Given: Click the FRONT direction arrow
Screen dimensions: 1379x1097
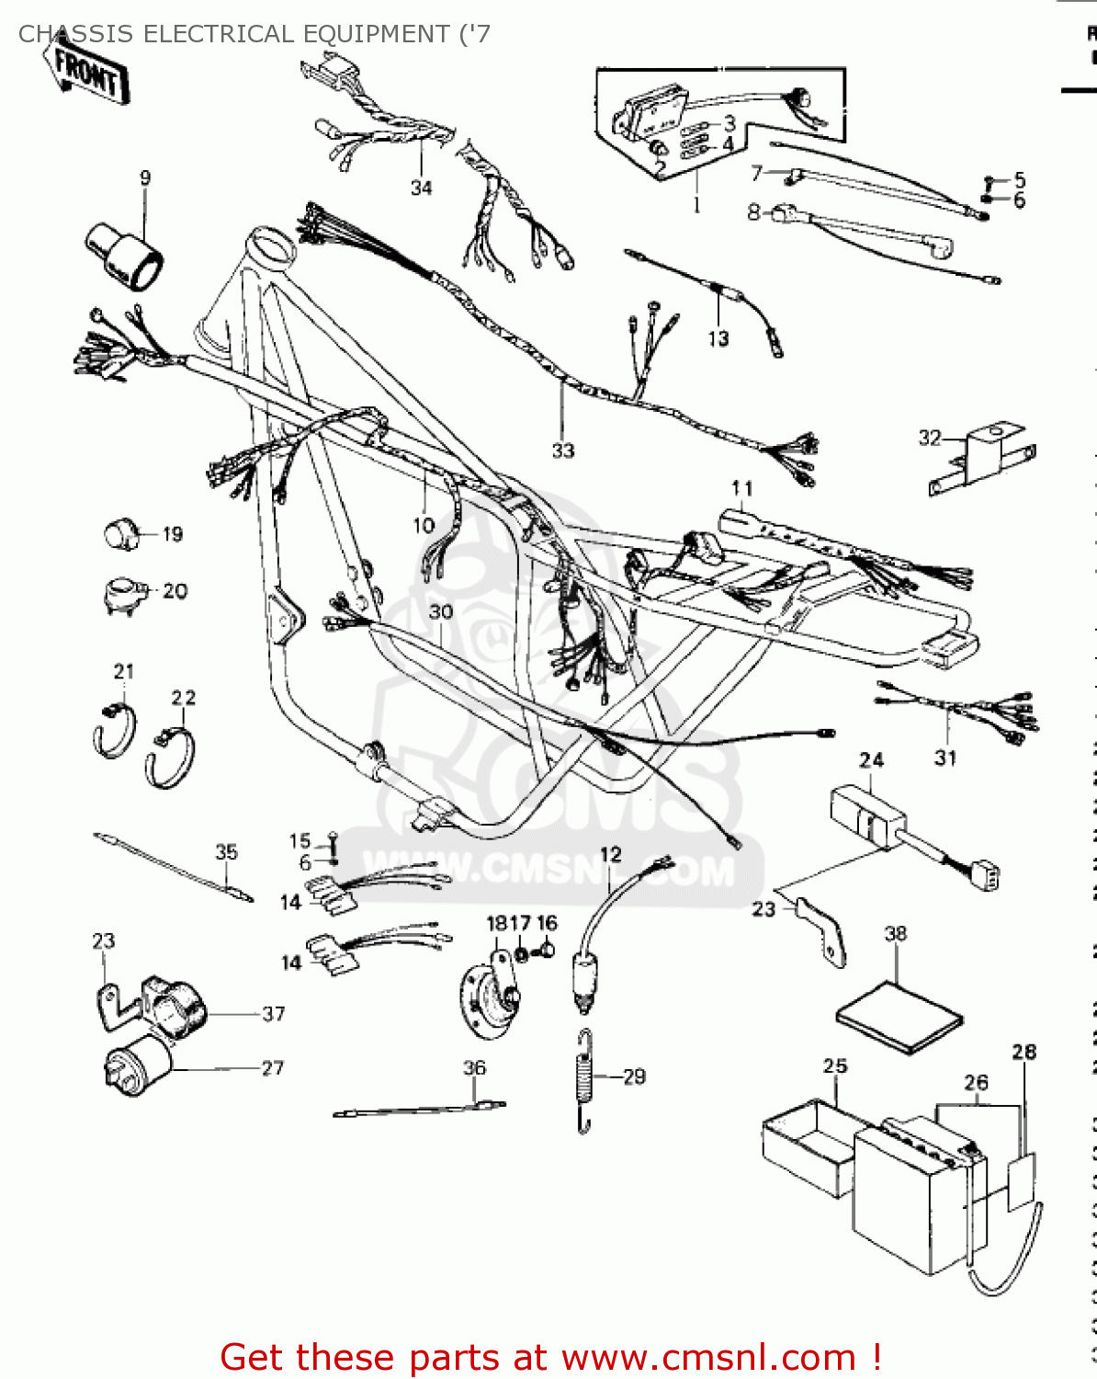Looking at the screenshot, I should coord(85,72).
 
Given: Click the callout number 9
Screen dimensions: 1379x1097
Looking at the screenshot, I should coord(145,178).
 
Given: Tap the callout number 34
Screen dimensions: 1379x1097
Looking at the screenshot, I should coord(421,188).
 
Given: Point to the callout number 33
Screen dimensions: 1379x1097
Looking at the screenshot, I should coord(562,450).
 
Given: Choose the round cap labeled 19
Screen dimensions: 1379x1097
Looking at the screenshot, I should coord(120,533).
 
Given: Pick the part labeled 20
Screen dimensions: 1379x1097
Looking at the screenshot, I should coord(122,593).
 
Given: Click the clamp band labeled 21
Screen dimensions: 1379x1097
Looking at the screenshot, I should coord(114,730).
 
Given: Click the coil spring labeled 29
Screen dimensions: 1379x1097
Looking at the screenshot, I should coord(584,1080).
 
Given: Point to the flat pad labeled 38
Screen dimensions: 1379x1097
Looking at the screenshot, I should coord(899,1018).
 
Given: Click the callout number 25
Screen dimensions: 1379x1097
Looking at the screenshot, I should coord(834,1066).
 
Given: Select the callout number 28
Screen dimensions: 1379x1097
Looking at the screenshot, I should coord(1023,1052).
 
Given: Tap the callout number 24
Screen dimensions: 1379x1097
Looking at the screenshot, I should coord(871,760).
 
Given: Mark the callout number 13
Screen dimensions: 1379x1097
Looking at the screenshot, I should coord(718,338).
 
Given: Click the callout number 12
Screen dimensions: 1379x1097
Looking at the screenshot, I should coord(610,855).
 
